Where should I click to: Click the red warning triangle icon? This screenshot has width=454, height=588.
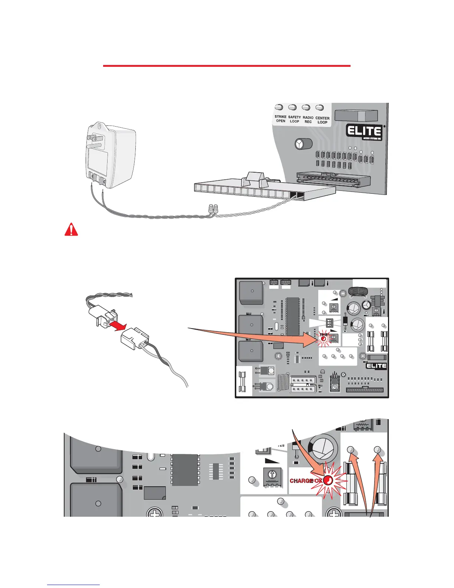coord(71,230)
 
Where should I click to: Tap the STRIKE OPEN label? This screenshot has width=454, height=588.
coord(280,119)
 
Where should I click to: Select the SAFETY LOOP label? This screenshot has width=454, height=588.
coord(295,119)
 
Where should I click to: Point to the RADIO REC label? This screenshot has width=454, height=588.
coord(308,120)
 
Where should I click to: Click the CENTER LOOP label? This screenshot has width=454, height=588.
coord(322,120)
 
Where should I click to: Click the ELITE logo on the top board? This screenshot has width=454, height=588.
coord(364,131)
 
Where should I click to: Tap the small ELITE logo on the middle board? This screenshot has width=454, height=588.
coord(376,366)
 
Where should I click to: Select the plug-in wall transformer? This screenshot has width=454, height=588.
coord(110,156)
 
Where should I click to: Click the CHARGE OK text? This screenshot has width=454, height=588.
coord(306,481)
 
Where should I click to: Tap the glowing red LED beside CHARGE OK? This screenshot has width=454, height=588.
coord(328,481)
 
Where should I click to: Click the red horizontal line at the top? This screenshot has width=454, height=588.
coord(226,66)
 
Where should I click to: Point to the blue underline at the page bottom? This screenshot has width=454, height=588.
coord(73,585)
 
